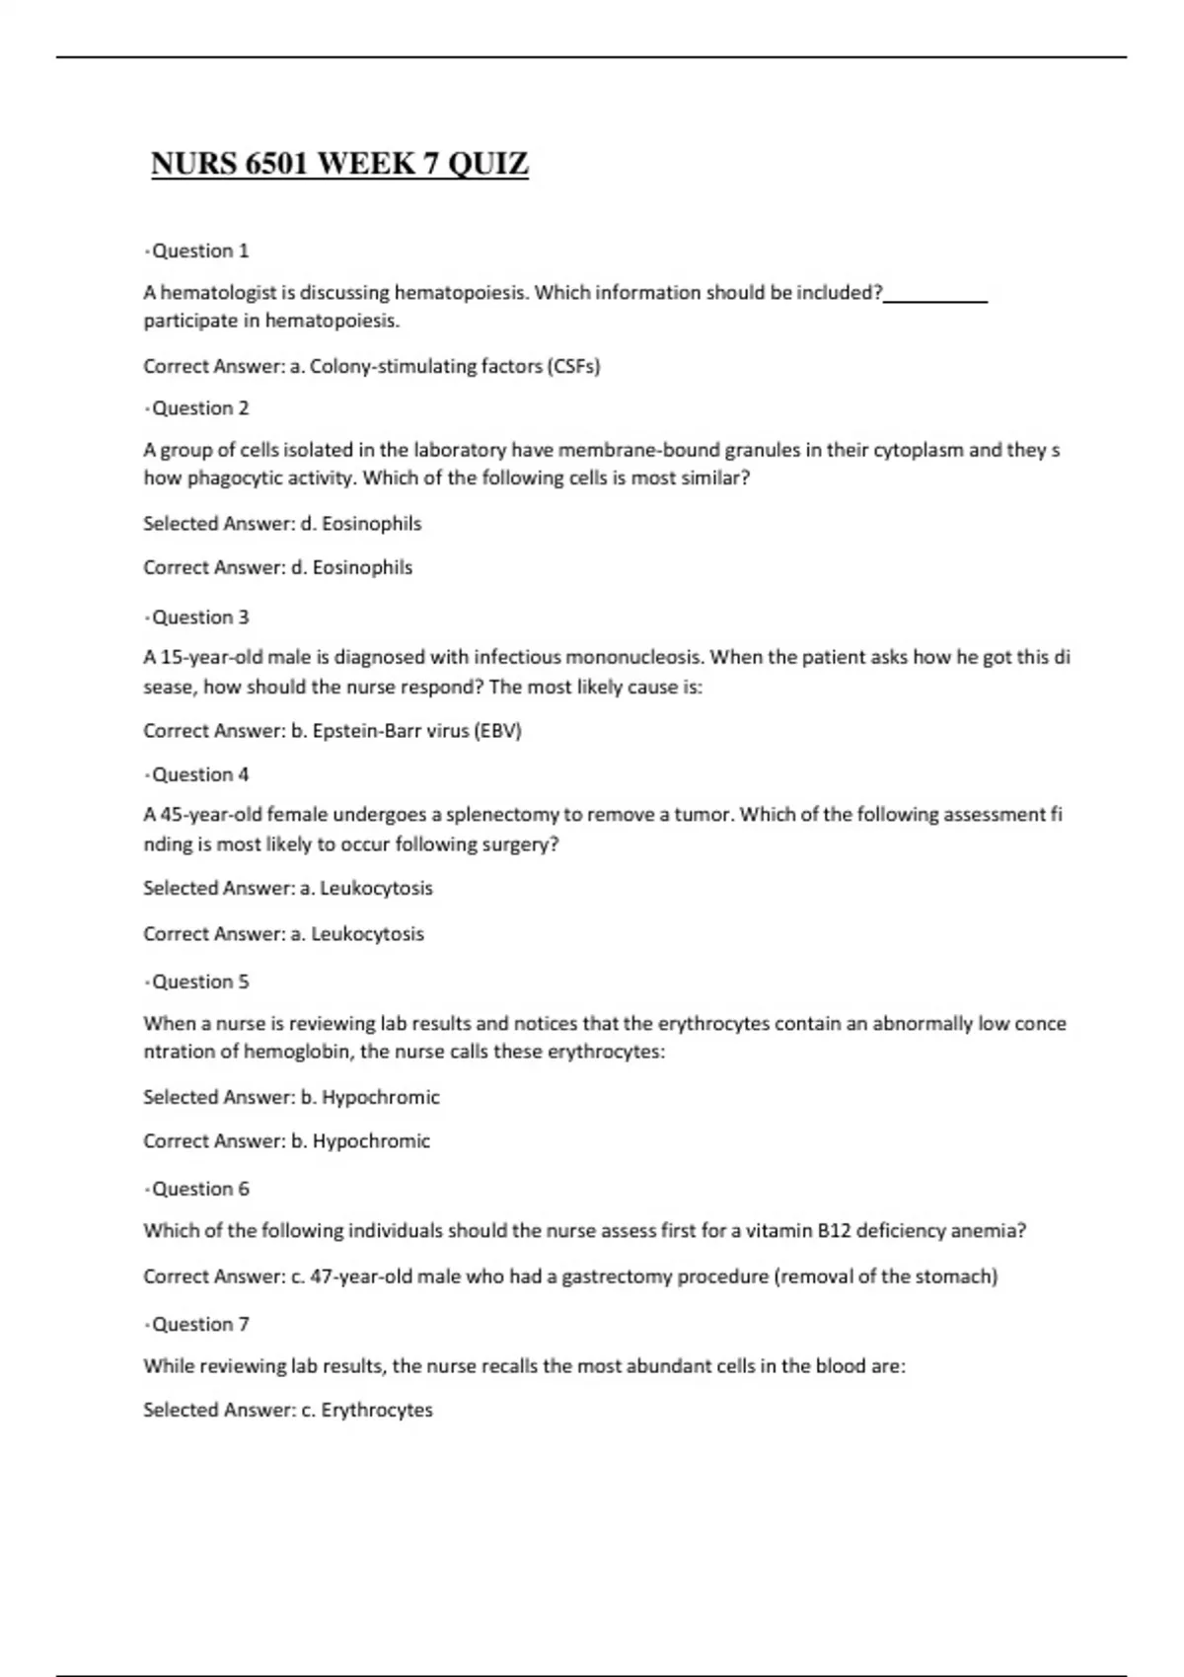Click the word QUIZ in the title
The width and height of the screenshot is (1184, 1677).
pos(488,163)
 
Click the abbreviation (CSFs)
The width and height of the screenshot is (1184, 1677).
pos(573,366)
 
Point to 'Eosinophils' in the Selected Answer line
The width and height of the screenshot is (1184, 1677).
pos(371,524)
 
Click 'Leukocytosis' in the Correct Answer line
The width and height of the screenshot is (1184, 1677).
pos(367,933)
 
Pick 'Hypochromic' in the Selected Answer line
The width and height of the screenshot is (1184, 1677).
pos(380,1097)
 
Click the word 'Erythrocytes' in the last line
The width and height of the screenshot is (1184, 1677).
pos(377,1410)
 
